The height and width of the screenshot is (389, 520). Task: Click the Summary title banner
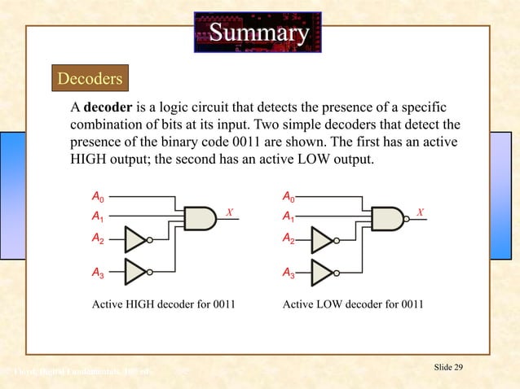[x=258, y=33]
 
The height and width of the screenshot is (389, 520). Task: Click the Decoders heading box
[x=90, y=79]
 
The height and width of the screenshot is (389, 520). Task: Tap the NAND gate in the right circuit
[x=387, y=217]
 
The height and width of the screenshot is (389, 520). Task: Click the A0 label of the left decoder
[x=97, y=197]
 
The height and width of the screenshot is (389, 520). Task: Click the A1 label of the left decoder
[x=97, y=217]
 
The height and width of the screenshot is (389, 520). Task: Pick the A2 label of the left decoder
[x=97, y=239]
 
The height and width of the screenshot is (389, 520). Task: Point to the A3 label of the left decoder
[x=97, y=275]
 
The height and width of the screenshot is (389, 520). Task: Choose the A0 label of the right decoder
[x=288, y=197]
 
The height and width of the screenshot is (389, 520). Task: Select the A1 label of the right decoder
[x=288, y=217]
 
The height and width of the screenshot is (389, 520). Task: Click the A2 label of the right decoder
[x=288, y=239]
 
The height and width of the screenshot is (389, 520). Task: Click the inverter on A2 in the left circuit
[x=136, y=239]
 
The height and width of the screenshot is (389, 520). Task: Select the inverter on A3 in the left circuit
[x=136, y=272]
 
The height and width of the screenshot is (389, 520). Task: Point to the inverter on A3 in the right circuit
[x=324, y=272]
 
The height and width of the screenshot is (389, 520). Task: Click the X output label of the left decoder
[x=230, y=212]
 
